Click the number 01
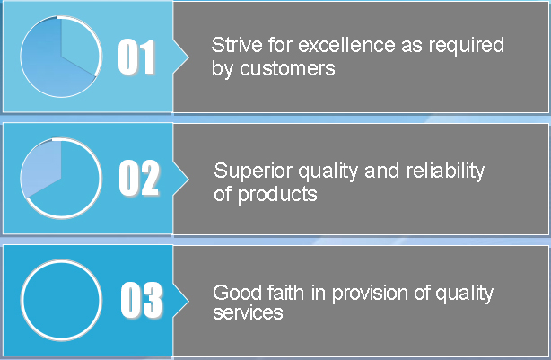(x=136, y=57)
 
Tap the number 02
(x=139, y=178)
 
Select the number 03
(x=142, y=300)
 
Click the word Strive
(x=237, y=45)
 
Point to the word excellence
(x=346, y=45)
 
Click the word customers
(x=287, y=68)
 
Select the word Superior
(x=253, y=171)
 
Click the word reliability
(x=445, y=171)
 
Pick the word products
(x=277, y=195)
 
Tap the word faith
(x=285, y=293)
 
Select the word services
(x=248, y=312)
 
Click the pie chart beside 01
(x=61, y=57)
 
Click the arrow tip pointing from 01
(x=188, y=57)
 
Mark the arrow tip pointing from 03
(x=188, y=301)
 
